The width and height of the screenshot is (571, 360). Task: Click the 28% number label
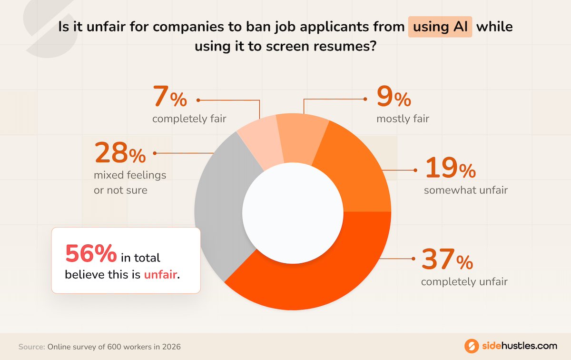click(x=120, y=153)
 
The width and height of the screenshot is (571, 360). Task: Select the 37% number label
click(x=447, y=260)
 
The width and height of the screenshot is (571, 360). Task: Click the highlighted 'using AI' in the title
click(x=440, y=27)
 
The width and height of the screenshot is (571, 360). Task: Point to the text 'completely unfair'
click(x=464, y=281)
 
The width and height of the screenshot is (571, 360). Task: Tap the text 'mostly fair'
click(x=403, y=119)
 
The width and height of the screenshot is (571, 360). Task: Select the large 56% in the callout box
click(x=90, y=253)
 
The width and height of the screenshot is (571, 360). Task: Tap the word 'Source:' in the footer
click(x=31, y=347)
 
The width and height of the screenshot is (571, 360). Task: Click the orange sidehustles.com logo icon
click(x=471, y=346)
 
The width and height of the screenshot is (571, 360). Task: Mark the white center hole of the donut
click(x=293, y=212)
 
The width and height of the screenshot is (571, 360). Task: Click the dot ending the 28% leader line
click(x=155, y=153)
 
